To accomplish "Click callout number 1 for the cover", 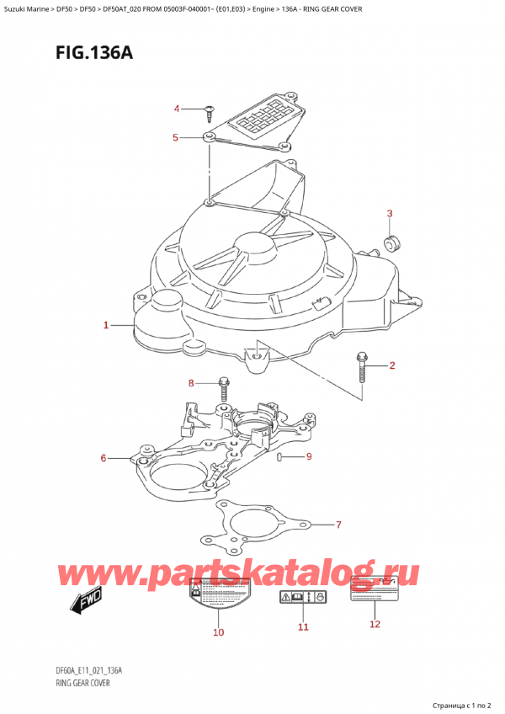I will [106, 325].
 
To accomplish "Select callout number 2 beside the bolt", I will [392, 365].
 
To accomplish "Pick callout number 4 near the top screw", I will [177, 109].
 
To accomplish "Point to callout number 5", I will [175, 137].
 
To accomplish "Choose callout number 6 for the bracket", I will [104, 458].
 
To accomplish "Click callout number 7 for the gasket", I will [338, 525].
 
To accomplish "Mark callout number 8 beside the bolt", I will [191, 384].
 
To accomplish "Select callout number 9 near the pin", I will [309, 457].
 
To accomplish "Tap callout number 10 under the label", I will [219, 632].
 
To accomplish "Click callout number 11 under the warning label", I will [303, 627].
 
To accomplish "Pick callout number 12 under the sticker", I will [375, 624].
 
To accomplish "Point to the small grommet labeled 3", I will [391, 244].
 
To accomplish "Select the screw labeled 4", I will [207, 109].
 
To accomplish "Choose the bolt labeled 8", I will [224, 388].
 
